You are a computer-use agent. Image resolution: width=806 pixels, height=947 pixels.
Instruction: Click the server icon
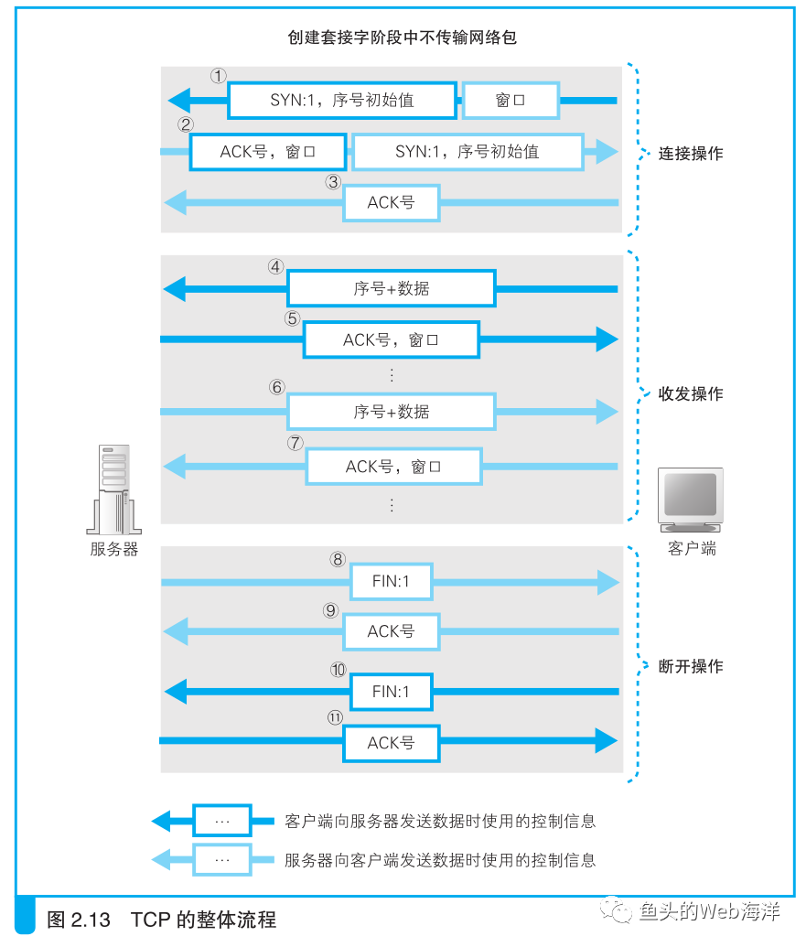tap(114, 490)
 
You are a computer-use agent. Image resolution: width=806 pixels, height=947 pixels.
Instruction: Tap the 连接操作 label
tap(691, 154)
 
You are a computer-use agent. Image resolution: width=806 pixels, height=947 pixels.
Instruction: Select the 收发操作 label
tap(691, 394)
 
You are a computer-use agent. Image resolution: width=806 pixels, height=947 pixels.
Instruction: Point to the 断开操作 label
tap(691, 667)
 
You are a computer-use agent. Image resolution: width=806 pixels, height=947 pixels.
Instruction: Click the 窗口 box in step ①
tap(510, 100)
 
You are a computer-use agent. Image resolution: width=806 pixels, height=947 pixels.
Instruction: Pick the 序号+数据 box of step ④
tap(391, 288)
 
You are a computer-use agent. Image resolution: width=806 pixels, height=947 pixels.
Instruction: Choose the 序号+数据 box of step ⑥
tap(391, 412)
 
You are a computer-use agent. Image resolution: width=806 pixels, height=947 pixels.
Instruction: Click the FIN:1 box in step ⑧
tap(391, 581)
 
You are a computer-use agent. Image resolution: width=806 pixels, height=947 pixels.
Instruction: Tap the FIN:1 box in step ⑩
tap(391, 692)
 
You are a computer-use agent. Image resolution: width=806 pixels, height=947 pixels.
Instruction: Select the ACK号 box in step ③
tap(391, 202)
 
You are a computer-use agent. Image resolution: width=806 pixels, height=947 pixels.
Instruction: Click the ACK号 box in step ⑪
tap(391, 743)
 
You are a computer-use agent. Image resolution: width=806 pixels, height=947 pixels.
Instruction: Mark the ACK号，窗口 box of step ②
tap(267, 152)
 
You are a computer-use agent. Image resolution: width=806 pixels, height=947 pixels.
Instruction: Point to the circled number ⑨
tap(331, 610)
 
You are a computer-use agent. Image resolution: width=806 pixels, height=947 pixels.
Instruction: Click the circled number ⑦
tap(295, 443)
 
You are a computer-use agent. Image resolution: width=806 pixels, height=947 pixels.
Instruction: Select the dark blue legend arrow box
tap(221, 821)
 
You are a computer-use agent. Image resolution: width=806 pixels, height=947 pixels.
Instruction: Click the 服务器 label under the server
tap(114, 550)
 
